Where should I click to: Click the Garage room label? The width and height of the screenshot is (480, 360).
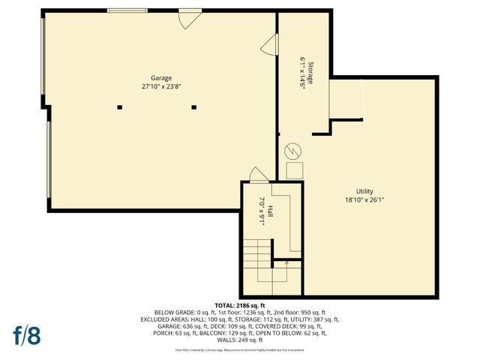[x=161, y=78]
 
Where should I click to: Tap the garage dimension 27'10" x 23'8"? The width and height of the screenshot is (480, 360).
[x=161, y=86]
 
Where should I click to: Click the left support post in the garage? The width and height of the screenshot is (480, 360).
[x=119, y=107]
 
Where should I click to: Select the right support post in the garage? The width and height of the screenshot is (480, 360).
[x=194, y=107]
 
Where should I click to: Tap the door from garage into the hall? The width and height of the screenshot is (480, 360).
[x=259, y=175]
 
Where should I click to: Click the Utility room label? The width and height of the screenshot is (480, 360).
[x=364, y=191]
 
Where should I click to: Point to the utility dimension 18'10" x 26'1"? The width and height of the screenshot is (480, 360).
[x=364, y=199]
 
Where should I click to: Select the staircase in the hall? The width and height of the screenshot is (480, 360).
[x=259, y=262]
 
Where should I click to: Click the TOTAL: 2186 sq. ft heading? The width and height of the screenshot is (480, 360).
[x=240, y=306]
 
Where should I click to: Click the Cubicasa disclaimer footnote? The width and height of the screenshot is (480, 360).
[x=240, y=349]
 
